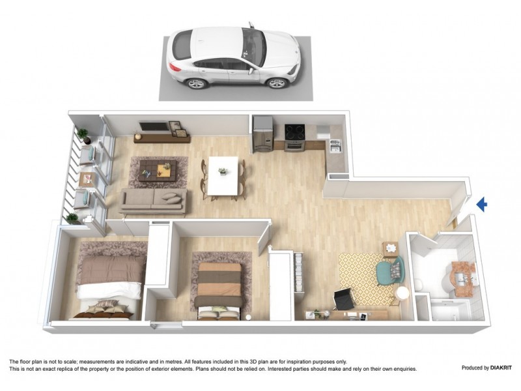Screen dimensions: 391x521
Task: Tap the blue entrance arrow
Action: click(482, 205)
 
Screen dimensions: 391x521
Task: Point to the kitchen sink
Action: click(335, 147)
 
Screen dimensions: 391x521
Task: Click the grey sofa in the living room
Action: click(154, 200)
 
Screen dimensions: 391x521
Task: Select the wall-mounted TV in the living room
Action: click(152, 126)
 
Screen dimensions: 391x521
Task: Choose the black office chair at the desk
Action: click(344, 300)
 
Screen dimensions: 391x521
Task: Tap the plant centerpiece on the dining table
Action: click(223, 171)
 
